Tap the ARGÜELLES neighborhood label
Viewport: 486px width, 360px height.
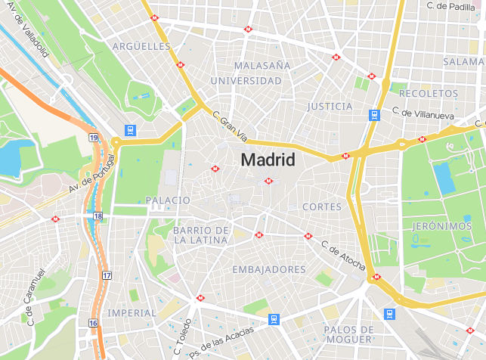point(141,46)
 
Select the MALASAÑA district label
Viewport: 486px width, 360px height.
point(262,66)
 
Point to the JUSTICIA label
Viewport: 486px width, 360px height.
point(330,107)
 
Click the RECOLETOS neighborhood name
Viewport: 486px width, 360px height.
point(429,93)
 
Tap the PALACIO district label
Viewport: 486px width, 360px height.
point(167,200)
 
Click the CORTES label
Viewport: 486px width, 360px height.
point(321,206)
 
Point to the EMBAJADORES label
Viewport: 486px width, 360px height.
point(269,269)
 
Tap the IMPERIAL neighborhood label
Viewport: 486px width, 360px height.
point(132,312)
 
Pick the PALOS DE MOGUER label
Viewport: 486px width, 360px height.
point(348,334)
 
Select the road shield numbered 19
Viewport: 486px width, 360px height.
point(93,138)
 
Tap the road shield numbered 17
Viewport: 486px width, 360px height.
point(107,275)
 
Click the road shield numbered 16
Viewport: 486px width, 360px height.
point(92,323)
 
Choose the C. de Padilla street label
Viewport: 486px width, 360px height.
point(450,6)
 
